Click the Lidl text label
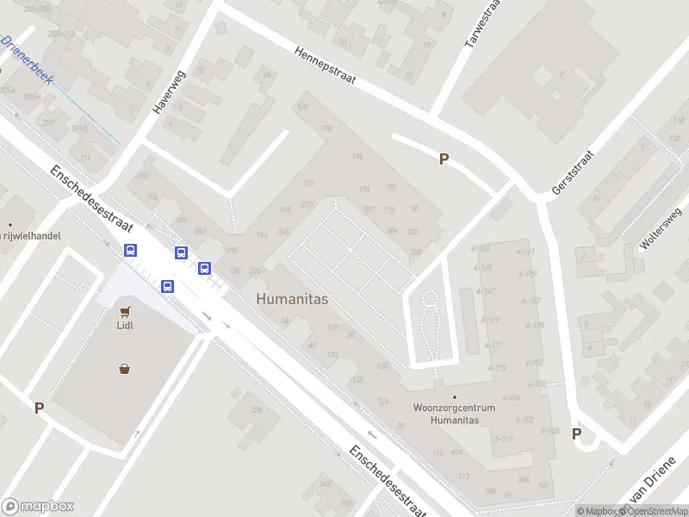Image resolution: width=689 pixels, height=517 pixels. (126, 326)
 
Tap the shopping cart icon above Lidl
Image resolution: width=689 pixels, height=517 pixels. (126, 311)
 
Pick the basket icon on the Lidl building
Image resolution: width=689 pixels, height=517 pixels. (126, 369)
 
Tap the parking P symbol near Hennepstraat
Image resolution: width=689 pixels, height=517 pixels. (444, 159)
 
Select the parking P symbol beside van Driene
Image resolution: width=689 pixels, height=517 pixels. (577, 433)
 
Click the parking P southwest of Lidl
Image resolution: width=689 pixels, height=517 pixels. (39, 408)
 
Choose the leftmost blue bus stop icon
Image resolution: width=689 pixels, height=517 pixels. (130, 251)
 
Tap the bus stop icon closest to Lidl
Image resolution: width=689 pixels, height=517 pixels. (167, 286)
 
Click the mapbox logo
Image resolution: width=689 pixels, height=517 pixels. (38, 507)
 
